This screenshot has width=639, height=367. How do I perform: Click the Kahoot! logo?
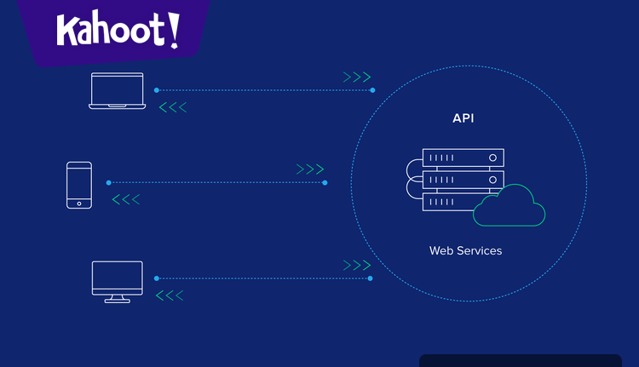click(118, 31)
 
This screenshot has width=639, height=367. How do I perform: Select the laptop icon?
click(118, 91)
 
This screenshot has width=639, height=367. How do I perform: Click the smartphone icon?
click(79, 185)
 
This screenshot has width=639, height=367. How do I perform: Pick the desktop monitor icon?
click(118, 282)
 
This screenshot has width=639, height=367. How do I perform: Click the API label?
click(463, 118)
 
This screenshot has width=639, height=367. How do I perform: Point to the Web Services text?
click(465, 250)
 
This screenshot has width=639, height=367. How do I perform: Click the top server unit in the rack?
click(463, 158)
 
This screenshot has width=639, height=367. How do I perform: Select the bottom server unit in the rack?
click(450, 202)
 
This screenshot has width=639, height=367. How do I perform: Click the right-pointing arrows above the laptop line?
click(357, 77)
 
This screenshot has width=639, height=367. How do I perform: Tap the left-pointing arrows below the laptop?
click(173, 107)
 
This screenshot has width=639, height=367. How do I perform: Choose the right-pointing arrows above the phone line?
click(310, 169)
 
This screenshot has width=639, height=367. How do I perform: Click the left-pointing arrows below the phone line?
click(126, 200)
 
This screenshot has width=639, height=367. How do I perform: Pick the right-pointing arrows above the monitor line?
click(356, 266)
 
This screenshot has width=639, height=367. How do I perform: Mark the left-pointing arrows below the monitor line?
click(170, 295)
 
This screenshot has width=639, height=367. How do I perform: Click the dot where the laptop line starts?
click(156, 90)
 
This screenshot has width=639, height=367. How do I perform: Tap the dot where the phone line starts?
click(108, 182)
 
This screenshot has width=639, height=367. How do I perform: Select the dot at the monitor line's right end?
click(370, 278)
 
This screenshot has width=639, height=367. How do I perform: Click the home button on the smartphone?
click(79, 204)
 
